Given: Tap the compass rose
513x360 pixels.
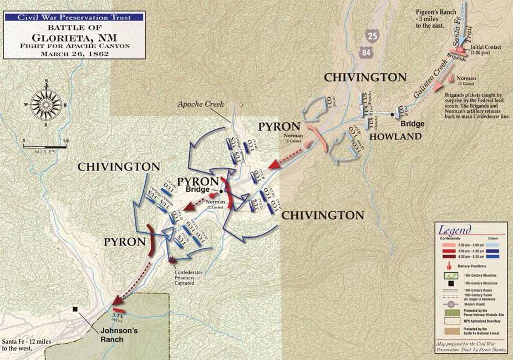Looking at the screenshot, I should coord(45,104).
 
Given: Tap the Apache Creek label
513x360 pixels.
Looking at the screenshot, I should coord(195,104).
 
